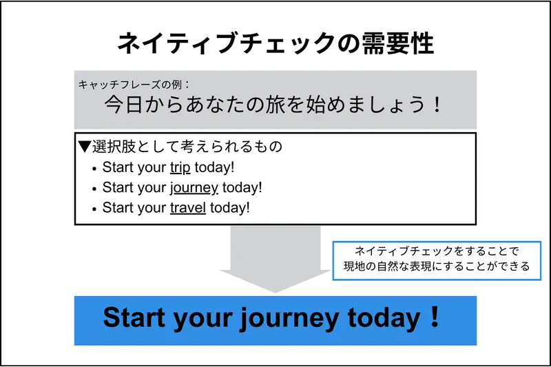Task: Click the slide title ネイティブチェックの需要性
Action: (275, 43)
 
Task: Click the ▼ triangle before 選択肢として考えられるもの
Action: (85, 147)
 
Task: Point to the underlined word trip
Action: (180, 167)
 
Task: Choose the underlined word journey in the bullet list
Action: (194, 187)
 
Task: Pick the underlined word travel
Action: (188, 207)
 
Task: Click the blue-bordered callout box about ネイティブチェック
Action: (441, 260)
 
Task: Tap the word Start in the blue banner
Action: (134, 319)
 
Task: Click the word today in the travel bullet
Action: (230, 207)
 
